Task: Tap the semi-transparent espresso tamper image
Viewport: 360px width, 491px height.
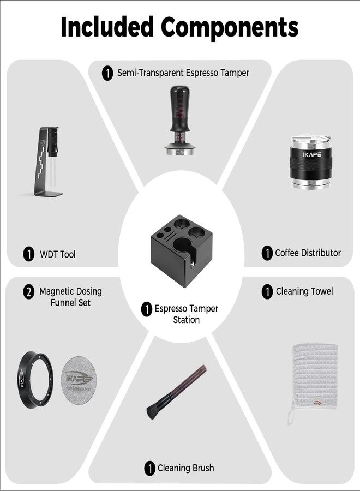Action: tap(179, 120)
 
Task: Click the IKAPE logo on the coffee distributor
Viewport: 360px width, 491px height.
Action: tap(312, 154)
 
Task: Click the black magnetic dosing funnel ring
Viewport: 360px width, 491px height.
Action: tap(35, 379)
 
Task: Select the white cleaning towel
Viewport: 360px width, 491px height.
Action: tap(313, 380)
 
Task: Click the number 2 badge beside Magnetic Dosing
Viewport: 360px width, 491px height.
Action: tap(29, 291)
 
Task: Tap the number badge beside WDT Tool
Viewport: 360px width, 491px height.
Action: tap(29, 254)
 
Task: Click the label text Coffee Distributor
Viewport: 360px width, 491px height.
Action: tap(308, 253)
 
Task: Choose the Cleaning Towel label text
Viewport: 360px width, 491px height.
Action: tap(304, 291)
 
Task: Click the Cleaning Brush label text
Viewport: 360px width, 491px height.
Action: tap(185, 468)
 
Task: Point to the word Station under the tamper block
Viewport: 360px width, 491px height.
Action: tap(186, 320)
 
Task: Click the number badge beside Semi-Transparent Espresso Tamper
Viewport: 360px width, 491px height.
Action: tap(107, 73)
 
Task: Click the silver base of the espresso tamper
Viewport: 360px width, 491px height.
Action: tap(179, 152)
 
